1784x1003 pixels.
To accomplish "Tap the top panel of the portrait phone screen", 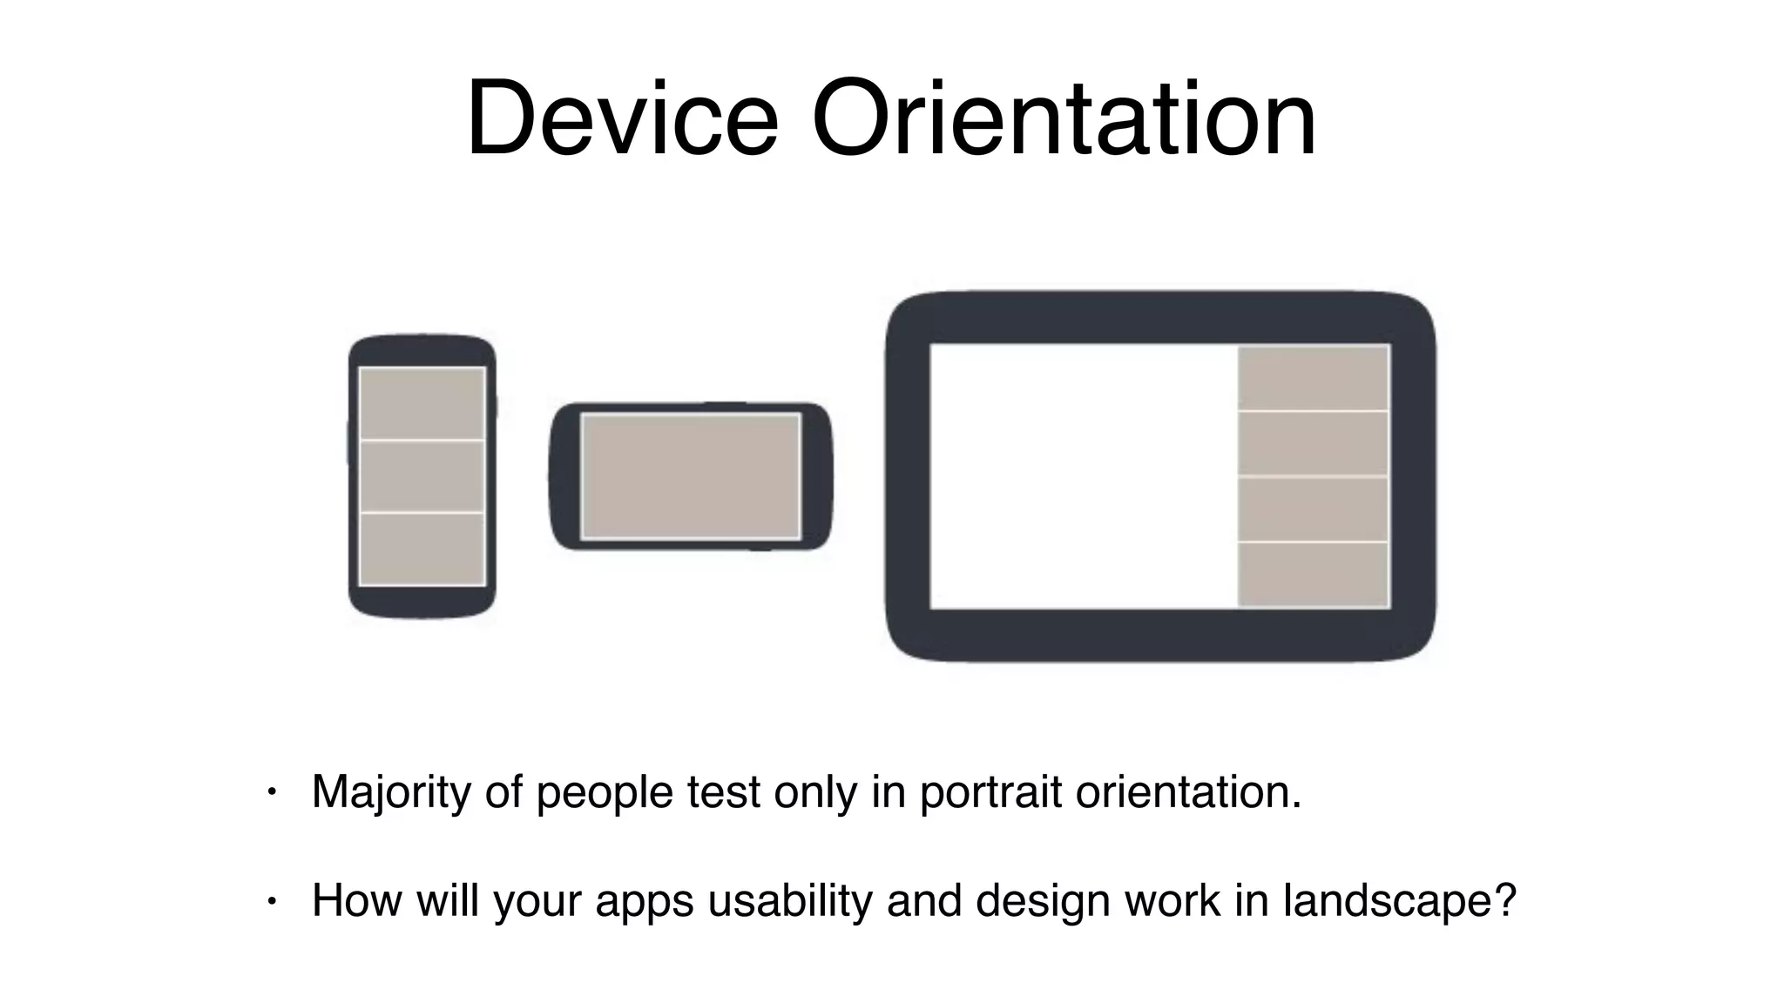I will point(422,403).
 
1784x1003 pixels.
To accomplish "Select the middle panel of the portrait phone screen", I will point(422,476).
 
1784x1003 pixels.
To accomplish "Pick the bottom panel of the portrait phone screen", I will point(422,549).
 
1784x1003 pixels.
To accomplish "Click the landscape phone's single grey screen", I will point(691,476).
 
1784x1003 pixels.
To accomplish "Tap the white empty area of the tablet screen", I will point(1083,476).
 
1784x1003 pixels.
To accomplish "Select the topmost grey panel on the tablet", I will point(1313,378).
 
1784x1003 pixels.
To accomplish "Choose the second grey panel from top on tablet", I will point(1313,444).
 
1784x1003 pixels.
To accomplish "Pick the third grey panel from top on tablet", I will point(1313,509).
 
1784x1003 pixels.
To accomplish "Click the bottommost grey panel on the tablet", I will point(1313,574).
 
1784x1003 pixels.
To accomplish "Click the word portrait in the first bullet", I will point(990,793).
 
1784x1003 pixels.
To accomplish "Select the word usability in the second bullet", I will point(789,900).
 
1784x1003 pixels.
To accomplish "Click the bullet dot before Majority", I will point(272,792).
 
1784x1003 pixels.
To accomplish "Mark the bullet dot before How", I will point(272,901).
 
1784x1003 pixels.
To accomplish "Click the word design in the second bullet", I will point(1042,900).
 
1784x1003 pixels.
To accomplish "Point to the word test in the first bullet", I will point(723,793).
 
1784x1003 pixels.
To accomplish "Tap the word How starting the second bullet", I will point(356,900).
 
